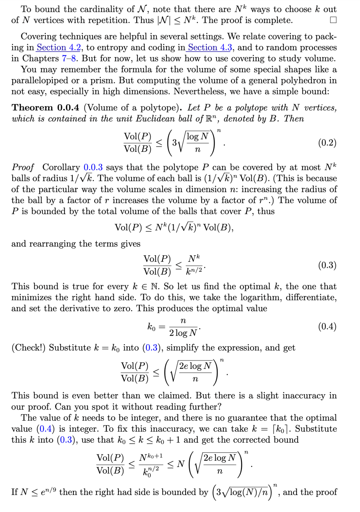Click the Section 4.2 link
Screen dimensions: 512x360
[x=59, y=48]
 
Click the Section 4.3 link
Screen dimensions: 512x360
[x=210, y=48]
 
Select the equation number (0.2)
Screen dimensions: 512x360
[x=327, y=143]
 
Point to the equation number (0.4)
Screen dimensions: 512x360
[x=327, y=326]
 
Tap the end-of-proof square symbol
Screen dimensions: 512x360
[x=333, y=20]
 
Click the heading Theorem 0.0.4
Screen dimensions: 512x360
[x=45, y=107]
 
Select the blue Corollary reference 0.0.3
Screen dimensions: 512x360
[x=93, y=167]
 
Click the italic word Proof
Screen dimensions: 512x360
[x=23, y=167]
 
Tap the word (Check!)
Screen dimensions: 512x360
[x=28, y=348]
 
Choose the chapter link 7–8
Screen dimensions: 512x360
[x=69, y=59]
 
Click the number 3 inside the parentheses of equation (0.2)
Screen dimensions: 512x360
[x=174, y=143]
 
